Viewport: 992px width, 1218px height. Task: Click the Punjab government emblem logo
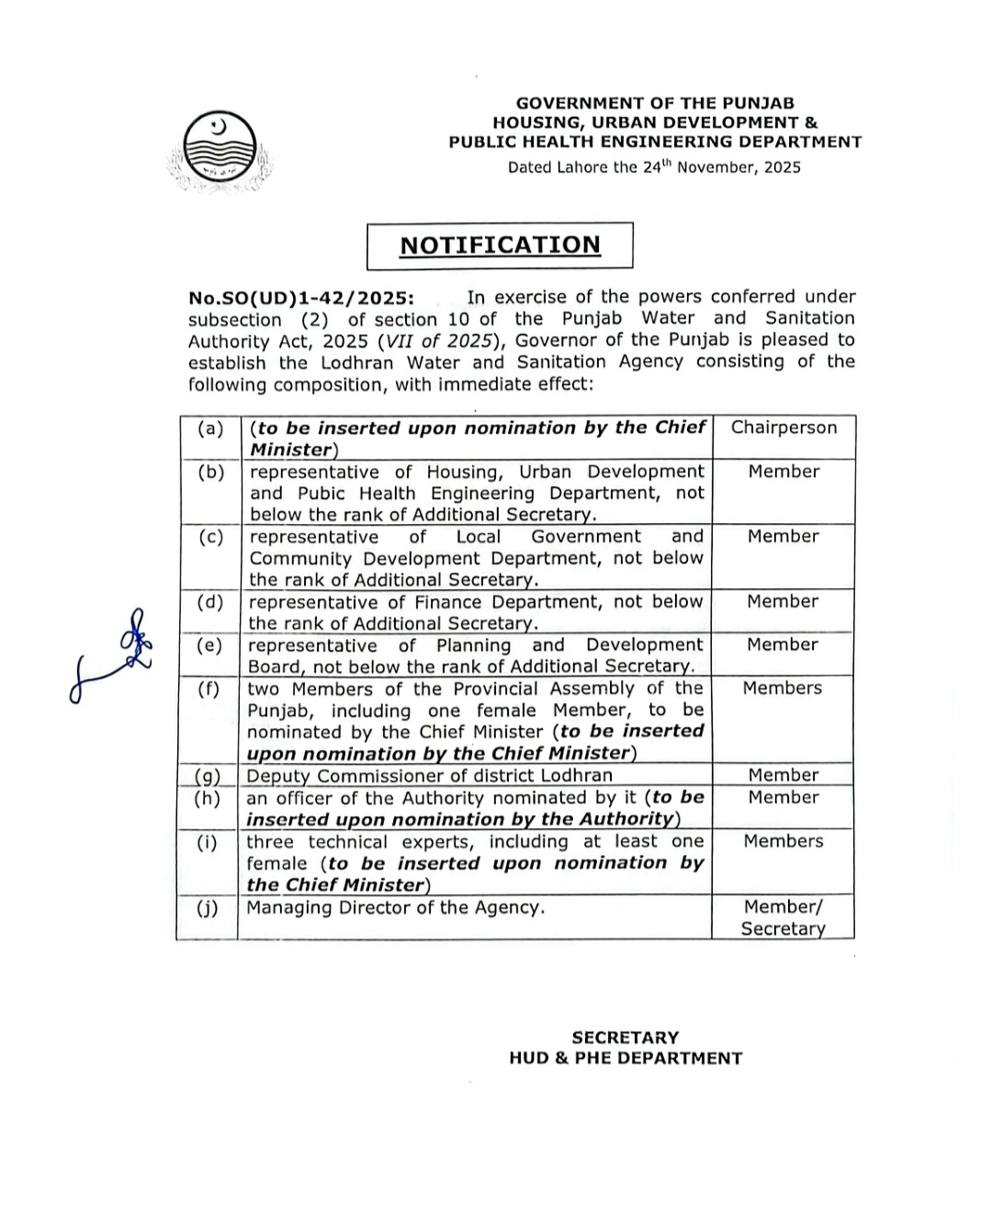click(x=220, y=152)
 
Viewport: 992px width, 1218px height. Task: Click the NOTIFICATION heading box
click(x=500, y=245)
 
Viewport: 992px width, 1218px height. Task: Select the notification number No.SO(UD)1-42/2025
click(x=300, y=298)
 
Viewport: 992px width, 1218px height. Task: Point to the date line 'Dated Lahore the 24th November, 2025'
click(x=654, y=167)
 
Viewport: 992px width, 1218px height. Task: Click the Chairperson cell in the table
click(x=783, y=427)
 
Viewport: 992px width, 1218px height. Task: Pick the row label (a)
click(x=210, y=427)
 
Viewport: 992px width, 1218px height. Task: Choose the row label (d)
click(x=210, y=602)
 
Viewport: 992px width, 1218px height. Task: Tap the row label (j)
click(x=208, y=907)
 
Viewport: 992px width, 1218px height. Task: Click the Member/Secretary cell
click(x=783, y=916)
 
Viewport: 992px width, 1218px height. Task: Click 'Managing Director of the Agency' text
click(x=395, y=907)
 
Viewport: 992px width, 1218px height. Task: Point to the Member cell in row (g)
click(x=783, y=775)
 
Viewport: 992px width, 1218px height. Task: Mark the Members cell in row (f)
click(x=783, y=688)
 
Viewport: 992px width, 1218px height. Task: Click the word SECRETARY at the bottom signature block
click(x=625, y=1038)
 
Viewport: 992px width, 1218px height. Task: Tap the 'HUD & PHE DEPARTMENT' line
click(x=625, y=1058)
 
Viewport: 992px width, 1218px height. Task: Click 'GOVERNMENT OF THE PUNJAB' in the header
click(x=655, y=104)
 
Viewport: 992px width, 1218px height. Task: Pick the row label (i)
click(x=208, y=841)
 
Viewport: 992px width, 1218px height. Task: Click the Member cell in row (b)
click(x=783, y=472)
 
